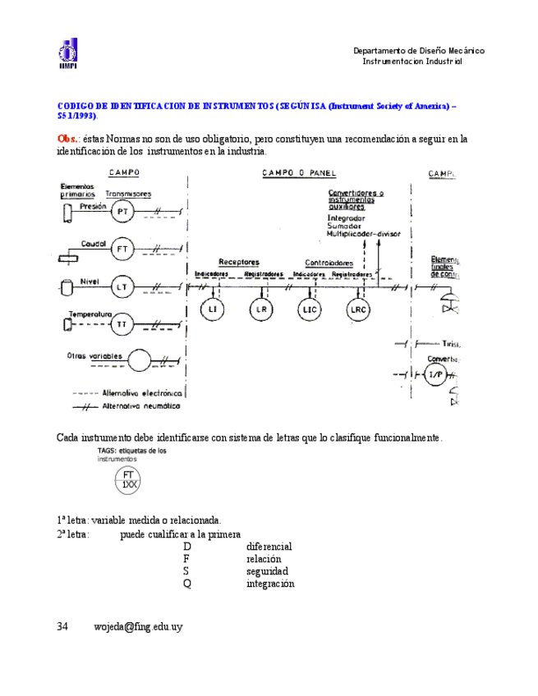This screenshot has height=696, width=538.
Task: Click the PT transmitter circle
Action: pos(122,213)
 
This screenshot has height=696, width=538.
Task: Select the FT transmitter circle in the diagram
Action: pos(122,248)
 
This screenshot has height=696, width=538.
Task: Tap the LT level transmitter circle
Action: pos(122,286)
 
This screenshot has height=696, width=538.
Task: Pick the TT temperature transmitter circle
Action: pos(122,325)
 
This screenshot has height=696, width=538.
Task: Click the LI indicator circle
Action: pos(213,309)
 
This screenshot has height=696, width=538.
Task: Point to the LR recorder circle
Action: pos(262,309)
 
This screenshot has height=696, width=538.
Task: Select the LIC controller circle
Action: pos(310,309)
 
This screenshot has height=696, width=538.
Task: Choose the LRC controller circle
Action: pos(359,309)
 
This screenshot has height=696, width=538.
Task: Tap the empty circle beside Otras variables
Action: pos(139,359)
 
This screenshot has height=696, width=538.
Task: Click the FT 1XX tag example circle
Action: pos(128,480)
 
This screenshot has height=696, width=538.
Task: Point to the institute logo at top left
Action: pos(67,54)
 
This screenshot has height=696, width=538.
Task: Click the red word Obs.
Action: pos(67,139)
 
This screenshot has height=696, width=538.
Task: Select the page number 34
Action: pos(62,626)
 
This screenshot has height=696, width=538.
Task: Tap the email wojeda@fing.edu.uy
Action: pos(138,626)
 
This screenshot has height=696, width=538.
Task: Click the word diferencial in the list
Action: pos(269,547)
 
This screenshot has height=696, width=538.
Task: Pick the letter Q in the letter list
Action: pos(187,584)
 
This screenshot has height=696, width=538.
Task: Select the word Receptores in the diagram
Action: pos(239,263)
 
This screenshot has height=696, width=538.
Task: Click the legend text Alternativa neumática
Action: pos(141,406)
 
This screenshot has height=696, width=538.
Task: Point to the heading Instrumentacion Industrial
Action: pos(412,62)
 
